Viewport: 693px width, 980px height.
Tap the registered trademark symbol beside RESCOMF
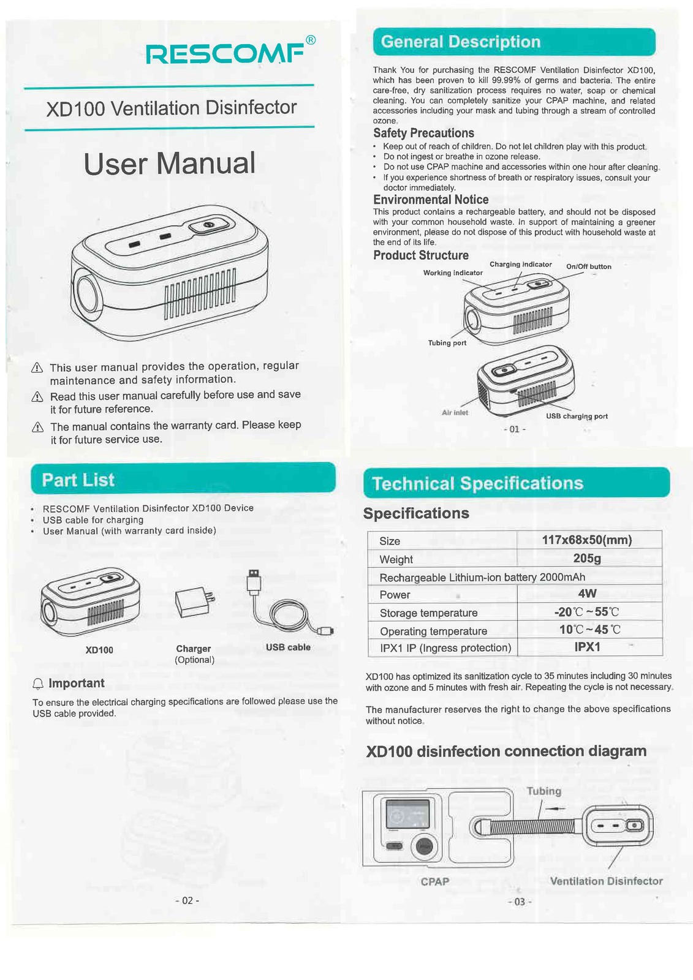point(311,40)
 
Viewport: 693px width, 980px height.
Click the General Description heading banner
point(513,42)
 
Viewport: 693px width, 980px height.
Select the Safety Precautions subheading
point(423,133)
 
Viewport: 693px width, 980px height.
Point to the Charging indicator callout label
point(520,265)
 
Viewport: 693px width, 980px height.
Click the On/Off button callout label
point(588,266)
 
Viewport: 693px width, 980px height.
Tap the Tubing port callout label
point(447,343)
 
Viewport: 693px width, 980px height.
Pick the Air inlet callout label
point(455,413)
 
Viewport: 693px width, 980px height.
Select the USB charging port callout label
point(577,417)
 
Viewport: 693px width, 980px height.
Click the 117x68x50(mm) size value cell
point(587,540)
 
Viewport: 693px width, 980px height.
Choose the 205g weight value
point(587,559)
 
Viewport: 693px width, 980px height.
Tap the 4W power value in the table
point(587,594)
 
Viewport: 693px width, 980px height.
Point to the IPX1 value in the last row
point(587,647)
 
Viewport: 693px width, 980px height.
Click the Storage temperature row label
point(428,613)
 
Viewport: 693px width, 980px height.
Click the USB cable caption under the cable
point(288,647)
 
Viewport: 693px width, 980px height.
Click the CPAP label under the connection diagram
point(435,881)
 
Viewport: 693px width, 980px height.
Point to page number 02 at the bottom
point(187,900)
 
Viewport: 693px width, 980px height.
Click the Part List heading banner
point(183,479)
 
